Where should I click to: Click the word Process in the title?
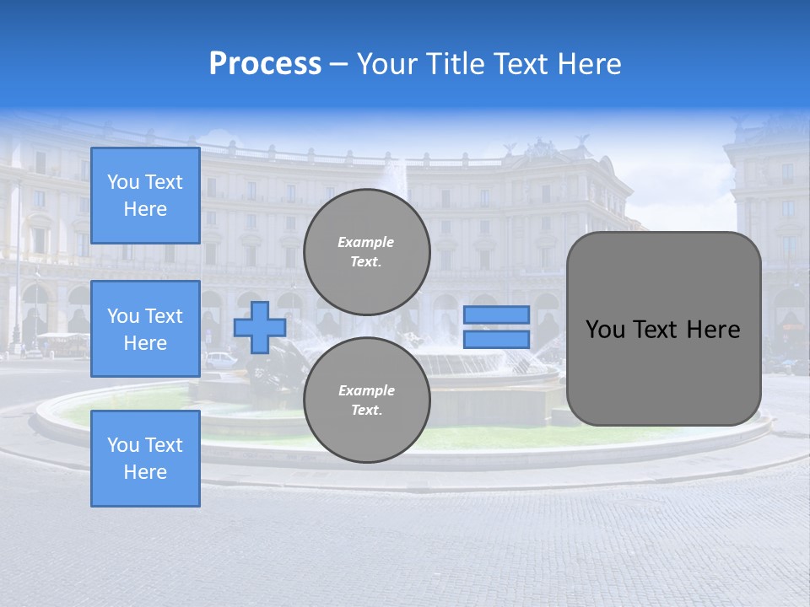[265, 64]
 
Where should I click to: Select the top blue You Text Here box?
[145, 196]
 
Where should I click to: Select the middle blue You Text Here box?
[145, 329]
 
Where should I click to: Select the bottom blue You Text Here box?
[145, 459]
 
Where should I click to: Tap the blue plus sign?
[260, 327]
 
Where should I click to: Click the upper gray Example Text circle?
[367, 251]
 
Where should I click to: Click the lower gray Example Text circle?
[367, 400]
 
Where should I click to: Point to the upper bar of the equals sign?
[497, 314]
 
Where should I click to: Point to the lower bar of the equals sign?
[497, 339]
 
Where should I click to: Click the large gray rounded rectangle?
[663, 371]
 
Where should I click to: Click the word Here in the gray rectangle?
[713, 330]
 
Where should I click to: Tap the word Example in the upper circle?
[365, 242]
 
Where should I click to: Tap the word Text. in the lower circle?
[366, 411]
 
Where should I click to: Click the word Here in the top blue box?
[145, 209]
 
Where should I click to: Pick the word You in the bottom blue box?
[123, 445]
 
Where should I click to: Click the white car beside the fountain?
[221, 359]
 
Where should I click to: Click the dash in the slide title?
[338, 64]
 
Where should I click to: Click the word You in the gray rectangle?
[605, 330]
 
